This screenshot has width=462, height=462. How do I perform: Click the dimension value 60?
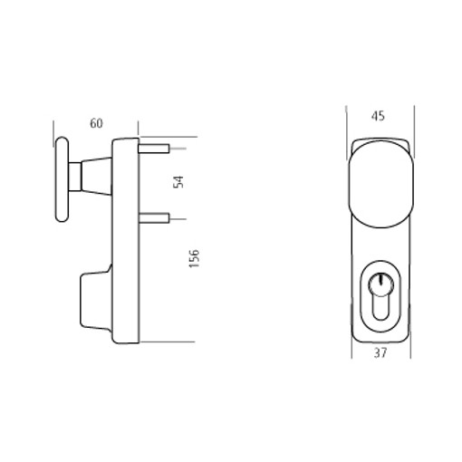tap(96, 123)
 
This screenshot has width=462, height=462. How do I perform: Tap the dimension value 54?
tap(178, 182)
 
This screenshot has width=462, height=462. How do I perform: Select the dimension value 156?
tap(194, 258)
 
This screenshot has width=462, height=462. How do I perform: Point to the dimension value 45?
tap(378, 116)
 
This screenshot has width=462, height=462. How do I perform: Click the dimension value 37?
tap(380, 352)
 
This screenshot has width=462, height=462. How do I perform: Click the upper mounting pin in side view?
tap(154, 149)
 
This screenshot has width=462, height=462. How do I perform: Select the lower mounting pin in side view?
tap(154, 218)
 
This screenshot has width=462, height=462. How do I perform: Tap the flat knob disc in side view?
tap(63, 179)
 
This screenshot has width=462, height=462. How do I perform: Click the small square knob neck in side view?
tap(75, 177)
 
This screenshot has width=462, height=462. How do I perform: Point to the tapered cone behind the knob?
tap(97, 177)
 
